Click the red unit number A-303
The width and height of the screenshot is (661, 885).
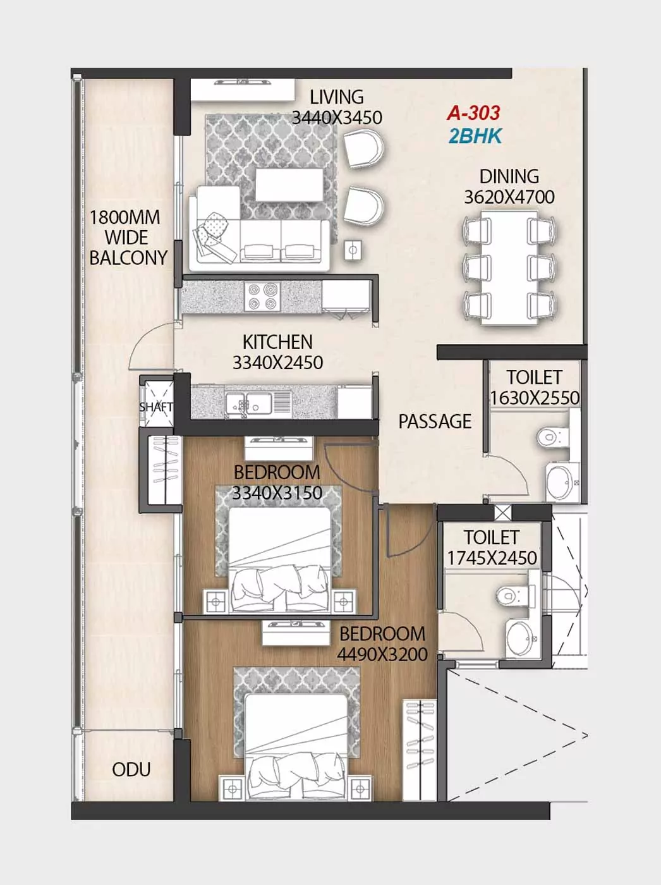[x=473, y=113]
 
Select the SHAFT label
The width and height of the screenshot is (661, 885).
[x=156, y=407]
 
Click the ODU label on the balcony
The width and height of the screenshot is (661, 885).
[x=131, y=770]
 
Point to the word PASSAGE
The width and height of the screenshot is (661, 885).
[x=435, y=422]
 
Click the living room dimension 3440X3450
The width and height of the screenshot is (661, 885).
[x=337, y=118]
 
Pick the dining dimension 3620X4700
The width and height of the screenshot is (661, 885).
[x=509, y=197]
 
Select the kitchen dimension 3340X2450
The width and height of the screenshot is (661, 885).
[x=277, y=363]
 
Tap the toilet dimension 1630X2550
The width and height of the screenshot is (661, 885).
[x=535, y=398]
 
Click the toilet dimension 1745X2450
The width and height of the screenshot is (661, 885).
[x=492, y=558]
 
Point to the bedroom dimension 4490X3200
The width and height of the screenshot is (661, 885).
[x=382, y=654]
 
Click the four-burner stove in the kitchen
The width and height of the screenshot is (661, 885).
[x=262, y=296]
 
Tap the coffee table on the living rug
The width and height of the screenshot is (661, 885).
[x=289, y=185]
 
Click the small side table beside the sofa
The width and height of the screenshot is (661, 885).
[x=353, y=250]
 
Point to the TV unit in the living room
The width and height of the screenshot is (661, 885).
[x=243, y=89]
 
